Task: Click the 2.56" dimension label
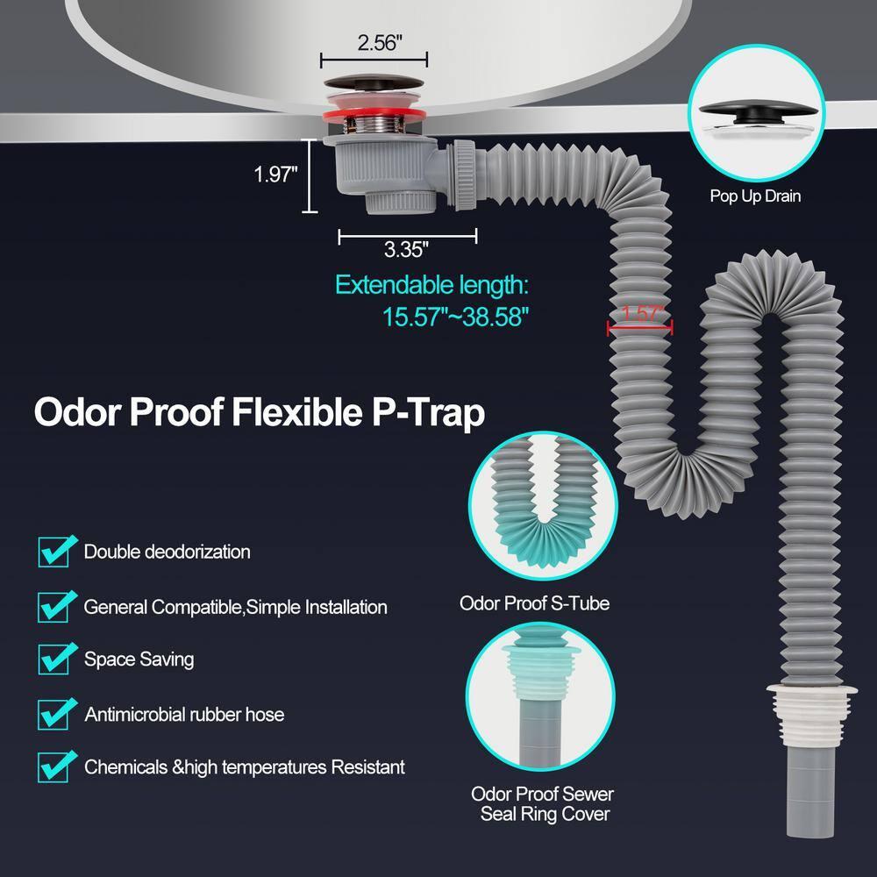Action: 380,42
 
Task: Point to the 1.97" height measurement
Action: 275,175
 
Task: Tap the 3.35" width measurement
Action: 406,249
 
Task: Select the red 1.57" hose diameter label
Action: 643,313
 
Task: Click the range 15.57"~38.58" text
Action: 455,317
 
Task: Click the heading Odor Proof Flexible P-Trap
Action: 259,413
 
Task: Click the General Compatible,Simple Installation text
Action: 235,607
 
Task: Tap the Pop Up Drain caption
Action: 755,196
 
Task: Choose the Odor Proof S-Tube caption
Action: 534,603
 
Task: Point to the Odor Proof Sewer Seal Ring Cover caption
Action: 543,803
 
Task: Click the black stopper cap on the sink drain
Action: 374,82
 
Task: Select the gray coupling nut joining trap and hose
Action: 465,175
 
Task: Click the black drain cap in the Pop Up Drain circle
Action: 755,111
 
